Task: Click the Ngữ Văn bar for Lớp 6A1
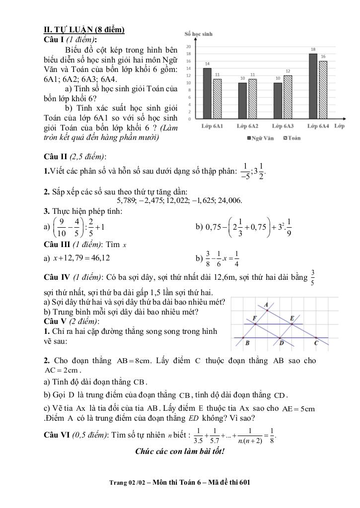click(x=207, y=94)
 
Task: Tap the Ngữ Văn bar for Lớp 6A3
click(x=278, y=101)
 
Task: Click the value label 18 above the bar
click(x=313, y=50)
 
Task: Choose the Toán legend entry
click(x=292, y=138)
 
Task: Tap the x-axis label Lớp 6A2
click(x=247, y=127)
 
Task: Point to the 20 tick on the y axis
click(x=189, y=46)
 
